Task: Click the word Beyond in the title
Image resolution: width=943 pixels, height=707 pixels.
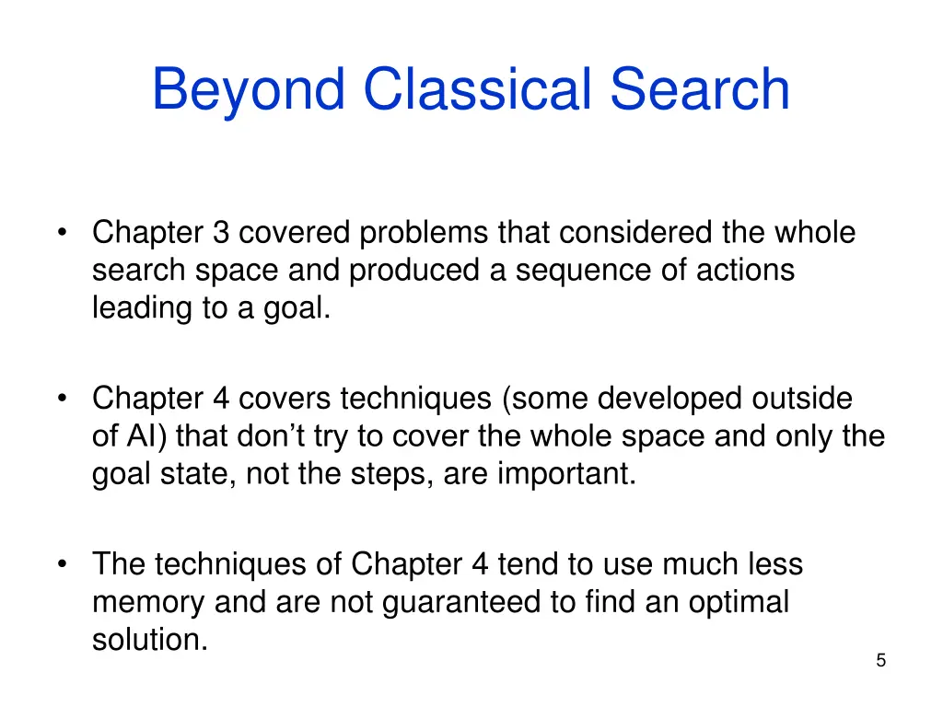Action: [249, 91]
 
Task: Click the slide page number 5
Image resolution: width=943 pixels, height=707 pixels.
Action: [881, 660]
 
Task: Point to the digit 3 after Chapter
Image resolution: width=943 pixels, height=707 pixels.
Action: [221, 234]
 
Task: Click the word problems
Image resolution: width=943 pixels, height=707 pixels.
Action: [425, 235]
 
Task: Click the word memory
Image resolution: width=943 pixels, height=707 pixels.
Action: [148, 603]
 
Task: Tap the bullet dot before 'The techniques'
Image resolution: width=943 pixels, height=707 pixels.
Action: [63, 563]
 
